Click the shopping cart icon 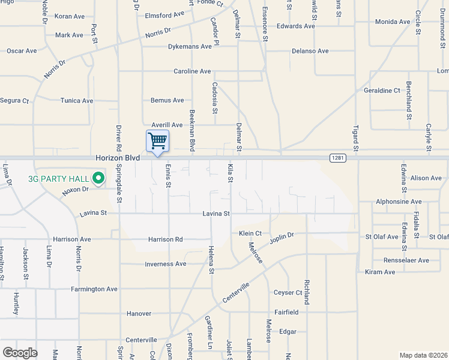click(157, 142)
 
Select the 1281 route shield click(337, 157)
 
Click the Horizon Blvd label click(118, 158)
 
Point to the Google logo click(20, 353)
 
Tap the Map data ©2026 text click(423, 355)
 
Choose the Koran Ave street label click(70, 16)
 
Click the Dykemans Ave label click(190, 46)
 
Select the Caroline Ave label click(193, 71)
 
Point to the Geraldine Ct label click(382, 91)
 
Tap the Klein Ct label click(250, 233)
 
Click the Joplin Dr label click(282, 236)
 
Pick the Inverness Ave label click(166, 264)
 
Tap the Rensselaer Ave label click(406, 260)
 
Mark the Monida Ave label click(392, 22)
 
